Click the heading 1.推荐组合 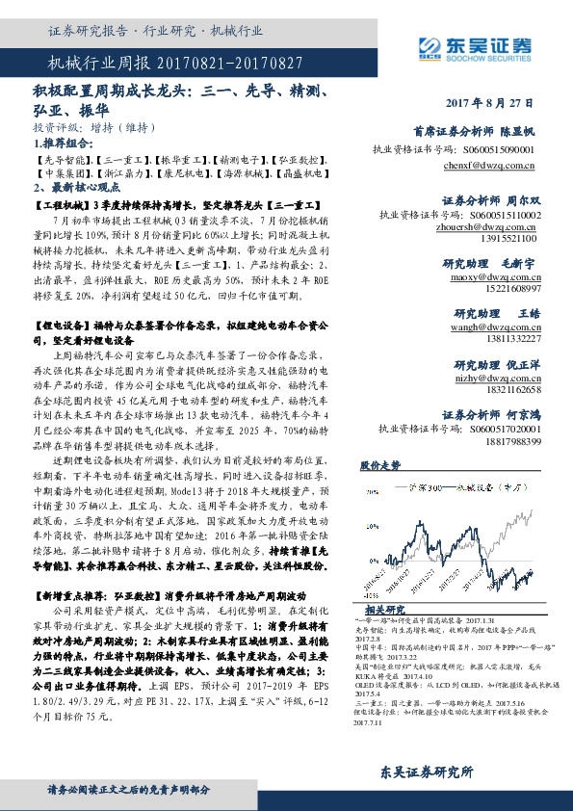coord(62,142)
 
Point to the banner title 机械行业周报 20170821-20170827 coord(175,63)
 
